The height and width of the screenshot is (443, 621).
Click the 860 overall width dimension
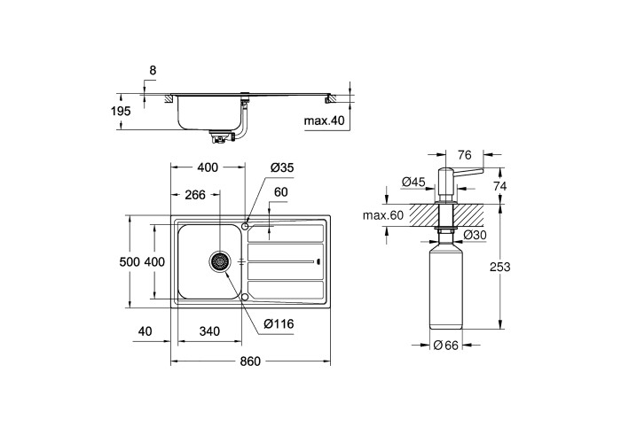click(x=250, y=361)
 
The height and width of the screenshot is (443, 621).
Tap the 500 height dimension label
click(x=130, y=262)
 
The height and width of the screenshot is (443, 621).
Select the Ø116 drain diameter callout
click(x=279, y=324)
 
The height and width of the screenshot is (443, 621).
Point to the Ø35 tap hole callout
click(x=282, y=167)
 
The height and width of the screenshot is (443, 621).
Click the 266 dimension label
click(x=195, y=195)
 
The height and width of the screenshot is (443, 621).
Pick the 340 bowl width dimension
click(x=209, y=331)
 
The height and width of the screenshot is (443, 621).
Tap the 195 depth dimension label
click(x=121, y=112)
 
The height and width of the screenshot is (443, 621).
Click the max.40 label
click(x=325, y=120)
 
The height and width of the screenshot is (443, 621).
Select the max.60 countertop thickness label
click(x=383, y=215)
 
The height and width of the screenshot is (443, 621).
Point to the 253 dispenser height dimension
click(x=499, y=267)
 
